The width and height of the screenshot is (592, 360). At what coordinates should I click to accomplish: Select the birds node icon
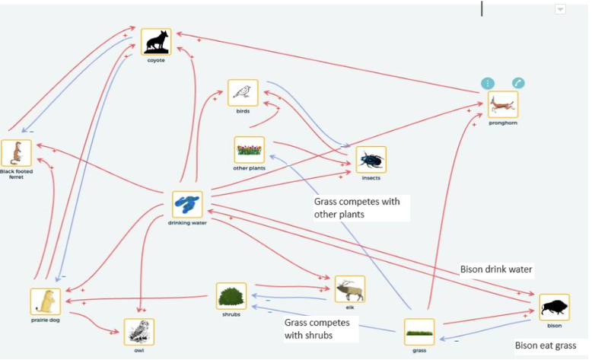pos(243,93)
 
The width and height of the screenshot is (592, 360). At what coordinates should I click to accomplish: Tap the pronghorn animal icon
pos(503,104)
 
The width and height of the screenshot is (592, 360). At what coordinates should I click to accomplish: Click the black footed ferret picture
pos(16,154)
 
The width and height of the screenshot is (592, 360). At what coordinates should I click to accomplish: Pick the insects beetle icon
pos(371,160)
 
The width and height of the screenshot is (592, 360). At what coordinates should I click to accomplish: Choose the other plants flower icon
pos(249,150)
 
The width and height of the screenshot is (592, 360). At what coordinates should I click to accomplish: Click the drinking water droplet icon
pos(187,204)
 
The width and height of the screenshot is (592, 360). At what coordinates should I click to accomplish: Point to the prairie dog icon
pos(46,301)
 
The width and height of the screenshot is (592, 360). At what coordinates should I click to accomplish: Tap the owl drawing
pos(139,333)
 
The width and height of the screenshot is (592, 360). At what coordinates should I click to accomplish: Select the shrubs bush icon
pos(231,295)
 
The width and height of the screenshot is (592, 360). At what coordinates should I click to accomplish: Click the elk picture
pos(350,289)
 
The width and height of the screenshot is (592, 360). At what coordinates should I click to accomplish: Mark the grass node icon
pos(419,333)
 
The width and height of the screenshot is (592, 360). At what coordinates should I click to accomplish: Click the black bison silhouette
pos(554,307)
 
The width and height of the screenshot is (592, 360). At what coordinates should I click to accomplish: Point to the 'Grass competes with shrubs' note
pos(317,329)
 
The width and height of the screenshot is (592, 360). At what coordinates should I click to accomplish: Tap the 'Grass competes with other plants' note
pos(356,209)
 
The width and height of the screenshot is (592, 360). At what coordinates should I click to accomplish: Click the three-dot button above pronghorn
pos(488,83)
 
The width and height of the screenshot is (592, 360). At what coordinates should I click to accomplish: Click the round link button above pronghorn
pos(518,83)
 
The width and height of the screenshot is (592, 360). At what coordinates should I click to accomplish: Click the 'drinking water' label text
pos(187,222)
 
